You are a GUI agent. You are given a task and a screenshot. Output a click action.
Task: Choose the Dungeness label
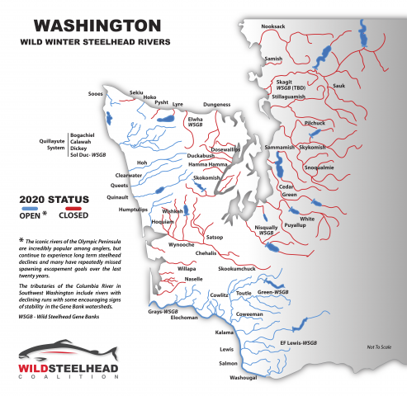click(x=217, y=105)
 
